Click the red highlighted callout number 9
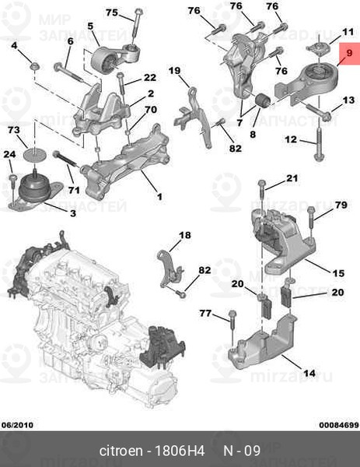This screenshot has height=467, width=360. pyautogui.click(x=349, y=53)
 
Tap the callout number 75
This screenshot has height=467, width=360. pyautogui.click(x=112, y=12)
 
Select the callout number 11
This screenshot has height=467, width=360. pyautogui.click(x=348, y=32)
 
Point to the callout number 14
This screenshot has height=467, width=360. pyautogui.click(x=309, y=373)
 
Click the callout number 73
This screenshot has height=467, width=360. pyautogui.click(x=14, y=130)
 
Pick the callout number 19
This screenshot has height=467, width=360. pyautogui.click(x=174, y=71)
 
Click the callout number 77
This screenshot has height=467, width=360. pyautogui.click(x=205, y=314)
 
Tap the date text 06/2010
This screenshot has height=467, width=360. pyautogui.click(x=18, y=425)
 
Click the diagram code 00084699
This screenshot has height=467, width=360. pyautogui.click(x=339, y=425)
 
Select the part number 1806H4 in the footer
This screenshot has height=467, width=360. pyautogui.click(x=180, y=451)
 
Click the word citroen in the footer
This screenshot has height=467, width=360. pyautogui.click(x=121, y=451)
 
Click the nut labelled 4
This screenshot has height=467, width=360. pyautogui.click(x=36, y=66)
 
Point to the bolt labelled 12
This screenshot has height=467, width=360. pyautogui.click(x=318, y=144)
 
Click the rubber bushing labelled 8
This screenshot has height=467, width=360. pyautogui.click(x=262, y=101)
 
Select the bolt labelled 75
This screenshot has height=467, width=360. pyautogui.click(x=135, y=24)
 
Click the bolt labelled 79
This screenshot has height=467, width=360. pyautogui.click(x=310, y=221)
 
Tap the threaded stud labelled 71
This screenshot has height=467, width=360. pyautogui.click(x=66, y=161)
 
